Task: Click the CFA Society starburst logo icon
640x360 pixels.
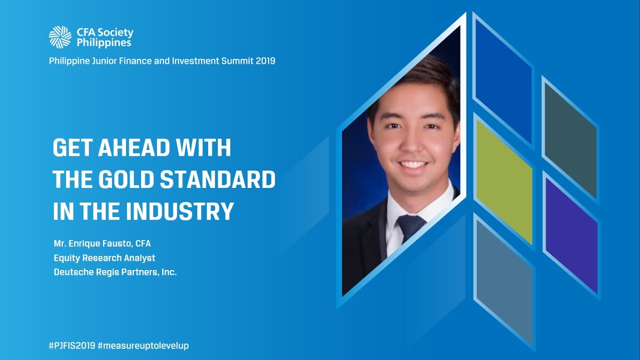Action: (x=60, y=37)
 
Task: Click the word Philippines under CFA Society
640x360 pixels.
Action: (x=104, y=43)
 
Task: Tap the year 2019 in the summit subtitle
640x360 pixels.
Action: (x=264, y=61)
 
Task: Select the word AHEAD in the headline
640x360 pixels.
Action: (x=138, y=148)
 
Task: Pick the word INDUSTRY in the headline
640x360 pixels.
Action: (x=179, y=211)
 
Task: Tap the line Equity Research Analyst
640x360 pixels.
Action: (x=104, y=258)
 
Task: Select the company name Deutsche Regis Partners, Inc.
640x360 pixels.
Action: (x=115, y=272)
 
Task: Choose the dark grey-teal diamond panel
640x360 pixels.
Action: (x=569, y=139)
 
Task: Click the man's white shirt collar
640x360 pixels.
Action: (x=435, y=205)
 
